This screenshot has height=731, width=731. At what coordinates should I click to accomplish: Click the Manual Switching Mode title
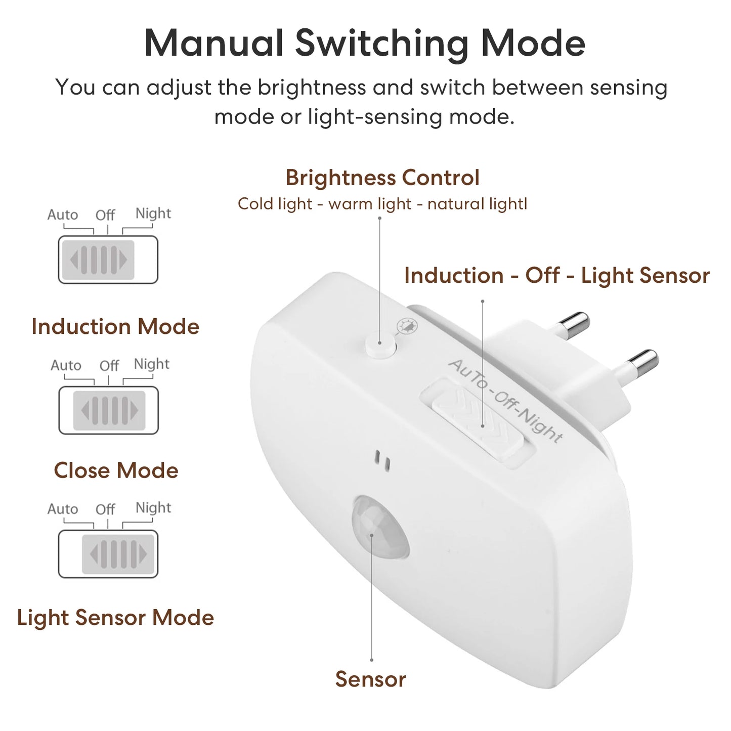pos(365,44)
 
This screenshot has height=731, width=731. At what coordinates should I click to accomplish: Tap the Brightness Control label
pos(382,178)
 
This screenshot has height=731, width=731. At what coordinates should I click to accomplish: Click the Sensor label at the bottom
pos(370,679)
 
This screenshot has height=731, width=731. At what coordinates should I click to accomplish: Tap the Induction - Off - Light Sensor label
pos(557,276)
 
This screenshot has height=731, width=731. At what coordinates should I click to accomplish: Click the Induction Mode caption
pos(115,327)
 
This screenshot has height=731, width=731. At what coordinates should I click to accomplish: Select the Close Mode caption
pos(116,470)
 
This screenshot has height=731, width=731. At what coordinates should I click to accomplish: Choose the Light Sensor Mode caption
pos(115,618)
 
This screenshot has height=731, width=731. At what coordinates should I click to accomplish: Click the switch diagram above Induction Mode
pos(108,260)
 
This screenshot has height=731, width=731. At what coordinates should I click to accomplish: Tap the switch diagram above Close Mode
pos(108,410)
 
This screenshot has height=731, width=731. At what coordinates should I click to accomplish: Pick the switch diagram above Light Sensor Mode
pos(108,554)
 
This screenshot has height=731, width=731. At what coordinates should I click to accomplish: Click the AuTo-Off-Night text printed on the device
pos(506,401)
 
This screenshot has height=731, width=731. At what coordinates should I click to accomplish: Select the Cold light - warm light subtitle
pos(382,204)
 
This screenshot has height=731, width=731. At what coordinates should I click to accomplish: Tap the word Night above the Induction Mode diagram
pos(153,213)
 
